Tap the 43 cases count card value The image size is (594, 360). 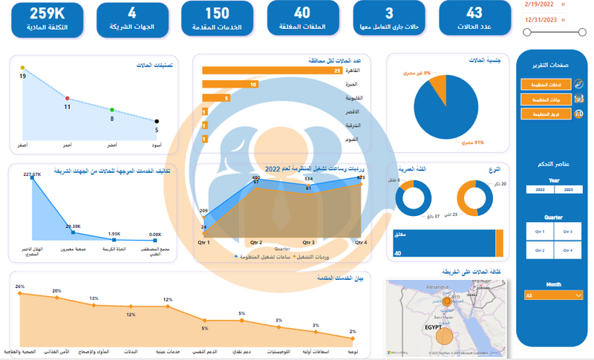click(474, 13)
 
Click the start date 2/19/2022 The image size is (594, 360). click(539, 5)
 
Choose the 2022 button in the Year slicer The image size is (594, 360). click(540, 189)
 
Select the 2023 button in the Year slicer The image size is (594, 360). click(568, 189)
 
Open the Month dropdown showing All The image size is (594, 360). click(553, 295)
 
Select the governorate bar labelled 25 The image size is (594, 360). click(271, 71)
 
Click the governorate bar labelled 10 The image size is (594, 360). click(229, 85)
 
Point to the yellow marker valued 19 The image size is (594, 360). click(23, 68)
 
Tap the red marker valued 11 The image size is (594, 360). click(68, 98)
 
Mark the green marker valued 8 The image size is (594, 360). click(112, 110)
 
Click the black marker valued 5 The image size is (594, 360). click(157, 121)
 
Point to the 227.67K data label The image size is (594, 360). click(33, 174)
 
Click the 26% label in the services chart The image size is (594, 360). click(20, 287)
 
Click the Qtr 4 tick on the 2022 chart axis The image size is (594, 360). click(362, 243)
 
